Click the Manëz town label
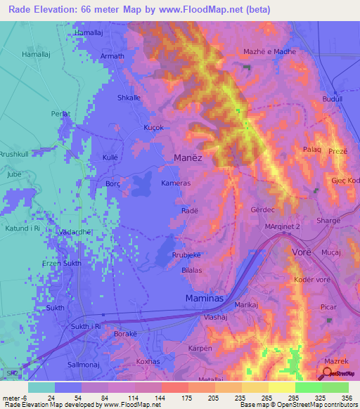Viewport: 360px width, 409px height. click(x=187, y=158)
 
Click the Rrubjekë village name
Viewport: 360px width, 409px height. click(x=187, y=255)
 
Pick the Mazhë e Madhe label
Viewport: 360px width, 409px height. click(x=269, y=52)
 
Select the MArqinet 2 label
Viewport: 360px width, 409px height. click(x=282, y=227)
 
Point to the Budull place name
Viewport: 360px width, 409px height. click(x=332, y=100)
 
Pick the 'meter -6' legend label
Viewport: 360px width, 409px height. click(x=13, y=397)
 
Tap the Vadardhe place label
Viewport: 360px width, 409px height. click(x=76, y=231)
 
